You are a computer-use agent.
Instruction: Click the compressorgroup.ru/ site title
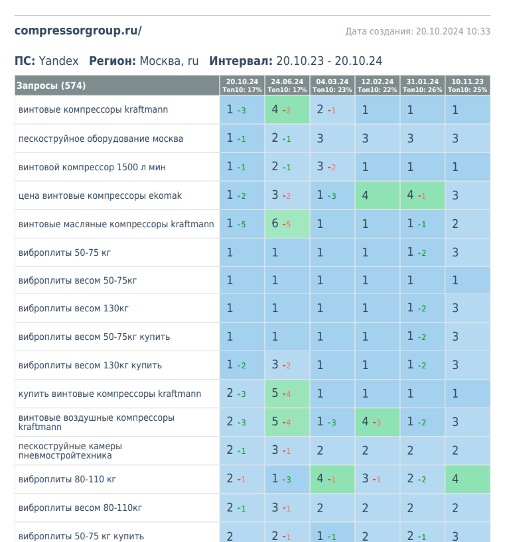pos(78,30)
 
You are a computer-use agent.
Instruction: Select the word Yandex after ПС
pos(58,61)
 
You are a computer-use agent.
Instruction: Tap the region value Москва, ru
pos(169,61)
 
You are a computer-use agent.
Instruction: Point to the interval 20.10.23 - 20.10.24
pos(329,61)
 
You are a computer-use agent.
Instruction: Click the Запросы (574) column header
pos(51,85)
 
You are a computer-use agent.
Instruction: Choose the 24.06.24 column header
pos(287,85)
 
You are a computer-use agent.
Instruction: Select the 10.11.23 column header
pos(467,85)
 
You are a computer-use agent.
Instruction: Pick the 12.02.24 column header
pos(377,85)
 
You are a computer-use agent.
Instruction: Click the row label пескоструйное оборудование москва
pos(101,139)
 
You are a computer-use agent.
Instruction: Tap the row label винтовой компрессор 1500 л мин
pos(92,168)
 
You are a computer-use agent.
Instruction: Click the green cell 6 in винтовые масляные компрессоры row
pos(287,224)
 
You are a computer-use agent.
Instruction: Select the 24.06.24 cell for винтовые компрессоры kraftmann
pos(287,110)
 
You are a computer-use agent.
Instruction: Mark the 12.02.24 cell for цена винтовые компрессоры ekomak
pos(377,195)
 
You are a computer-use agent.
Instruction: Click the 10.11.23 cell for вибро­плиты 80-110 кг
pos(467,479)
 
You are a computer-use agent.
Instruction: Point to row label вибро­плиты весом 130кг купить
pos(90,365)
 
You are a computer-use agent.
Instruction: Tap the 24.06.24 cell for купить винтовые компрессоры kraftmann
pos(287,394)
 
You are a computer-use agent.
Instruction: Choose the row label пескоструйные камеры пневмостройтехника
pos(70,451)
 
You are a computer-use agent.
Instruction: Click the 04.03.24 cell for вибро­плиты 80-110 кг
pos(332,479)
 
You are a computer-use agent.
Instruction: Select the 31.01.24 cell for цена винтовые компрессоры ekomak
pos(422,195)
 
